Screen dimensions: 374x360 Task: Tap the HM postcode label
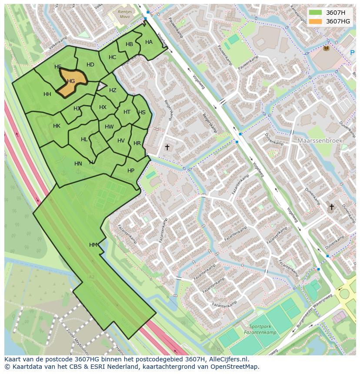[93, 245]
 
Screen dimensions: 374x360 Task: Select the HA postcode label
[149, 42]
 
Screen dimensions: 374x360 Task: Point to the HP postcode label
[131, 171]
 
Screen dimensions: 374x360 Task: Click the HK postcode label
[57, 126]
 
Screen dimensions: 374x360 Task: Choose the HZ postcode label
[113, 90]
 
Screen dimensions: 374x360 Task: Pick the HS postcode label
[142, 113]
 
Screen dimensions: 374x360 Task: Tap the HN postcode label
[78, 164]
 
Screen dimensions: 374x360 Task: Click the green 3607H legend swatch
[315, 13]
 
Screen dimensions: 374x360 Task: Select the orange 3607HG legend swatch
[315, 21]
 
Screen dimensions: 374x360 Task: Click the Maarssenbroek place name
[320, 141]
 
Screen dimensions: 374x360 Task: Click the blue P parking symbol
[352, 53]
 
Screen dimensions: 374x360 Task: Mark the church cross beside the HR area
[167, 148]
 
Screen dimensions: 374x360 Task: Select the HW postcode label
[109, 127]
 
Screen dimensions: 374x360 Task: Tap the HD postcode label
[90, 65]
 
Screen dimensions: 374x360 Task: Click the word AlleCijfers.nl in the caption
[228, 359]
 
